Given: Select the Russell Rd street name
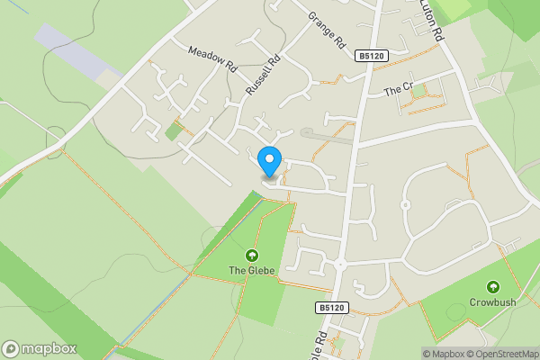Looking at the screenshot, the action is coord(264,76).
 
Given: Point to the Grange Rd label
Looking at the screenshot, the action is coord(326,30).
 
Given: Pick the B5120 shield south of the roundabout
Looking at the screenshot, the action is coord(331,308).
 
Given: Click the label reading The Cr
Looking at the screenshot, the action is coord(397,90).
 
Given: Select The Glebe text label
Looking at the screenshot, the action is coord(251,270).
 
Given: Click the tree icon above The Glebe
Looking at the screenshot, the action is coord(251,255).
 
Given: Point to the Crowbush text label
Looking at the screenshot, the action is coord(492,302).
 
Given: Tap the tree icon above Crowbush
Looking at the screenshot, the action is coord(492,287).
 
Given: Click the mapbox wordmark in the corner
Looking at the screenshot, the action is coord(46,348).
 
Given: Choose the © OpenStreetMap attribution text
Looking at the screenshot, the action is coord(501,354).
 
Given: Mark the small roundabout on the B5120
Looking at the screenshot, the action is coord(341,265).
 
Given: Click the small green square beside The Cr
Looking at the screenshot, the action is coord(419,89).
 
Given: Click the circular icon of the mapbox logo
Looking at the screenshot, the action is coord(11,348).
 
